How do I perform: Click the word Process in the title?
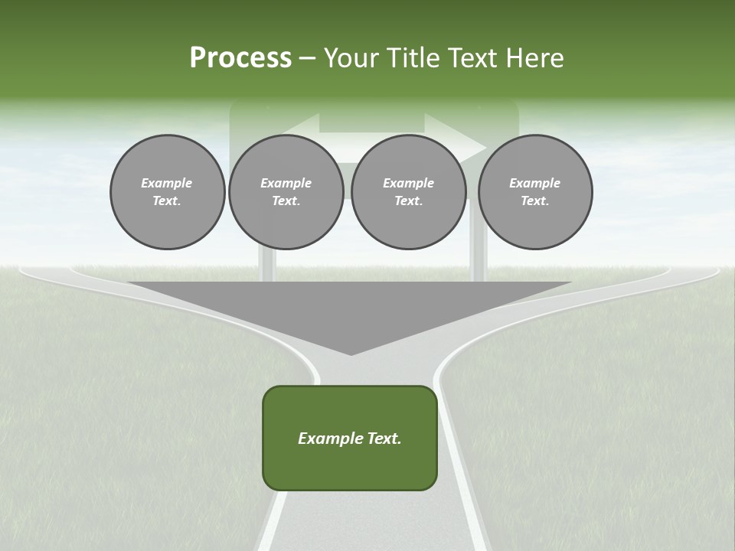coord(240,58)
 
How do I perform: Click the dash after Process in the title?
coord(308,59)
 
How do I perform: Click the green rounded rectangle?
coord(350,467)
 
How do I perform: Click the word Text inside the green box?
coord(384,439)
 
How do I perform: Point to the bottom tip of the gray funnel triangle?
coord(351,354)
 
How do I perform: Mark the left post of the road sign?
coord(266,264)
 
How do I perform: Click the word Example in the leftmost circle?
coord(167,183)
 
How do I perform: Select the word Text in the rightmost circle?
coord(534,201)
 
